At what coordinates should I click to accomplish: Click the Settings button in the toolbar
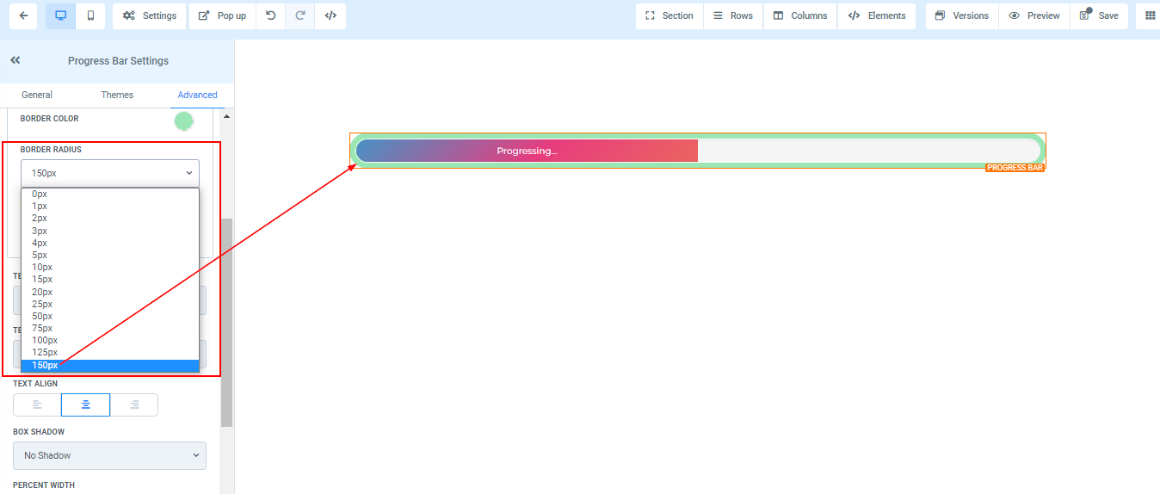(x=149, y=16)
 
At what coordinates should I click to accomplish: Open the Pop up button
(x=222, y=16)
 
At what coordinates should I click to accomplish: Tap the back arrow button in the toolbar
(x=23, y=16)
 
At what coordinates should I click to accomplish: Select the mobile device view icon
(x=90, y=16)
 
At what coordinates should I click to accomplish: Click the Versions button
(x=962, y=16)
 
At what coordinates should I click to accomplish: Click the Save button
(x=1099, y=16)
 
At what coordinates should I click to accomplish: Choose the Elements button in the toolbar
(x=876, y=16)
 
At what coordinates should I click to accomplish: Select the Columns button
(x=799, y=16)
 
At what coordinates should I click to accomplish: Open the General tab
(x=37, y=95)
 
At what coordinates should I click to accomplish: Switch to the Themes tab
(x=117, y=95)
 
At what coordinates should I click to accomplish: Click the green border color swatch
(x=184, y=121)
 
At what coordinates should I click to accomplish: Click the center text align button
(x=85, y=405)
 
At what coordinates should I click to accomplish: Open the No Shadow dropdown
(x=110, y=455)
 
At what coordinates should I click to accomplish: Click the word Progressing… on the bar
(x=527, y=151)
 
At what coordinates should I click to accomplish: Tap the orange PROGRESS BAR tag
(x=1015, y=168)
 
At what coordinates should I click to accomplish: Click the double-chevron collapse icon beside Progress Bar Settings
(x=15, y=60)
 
